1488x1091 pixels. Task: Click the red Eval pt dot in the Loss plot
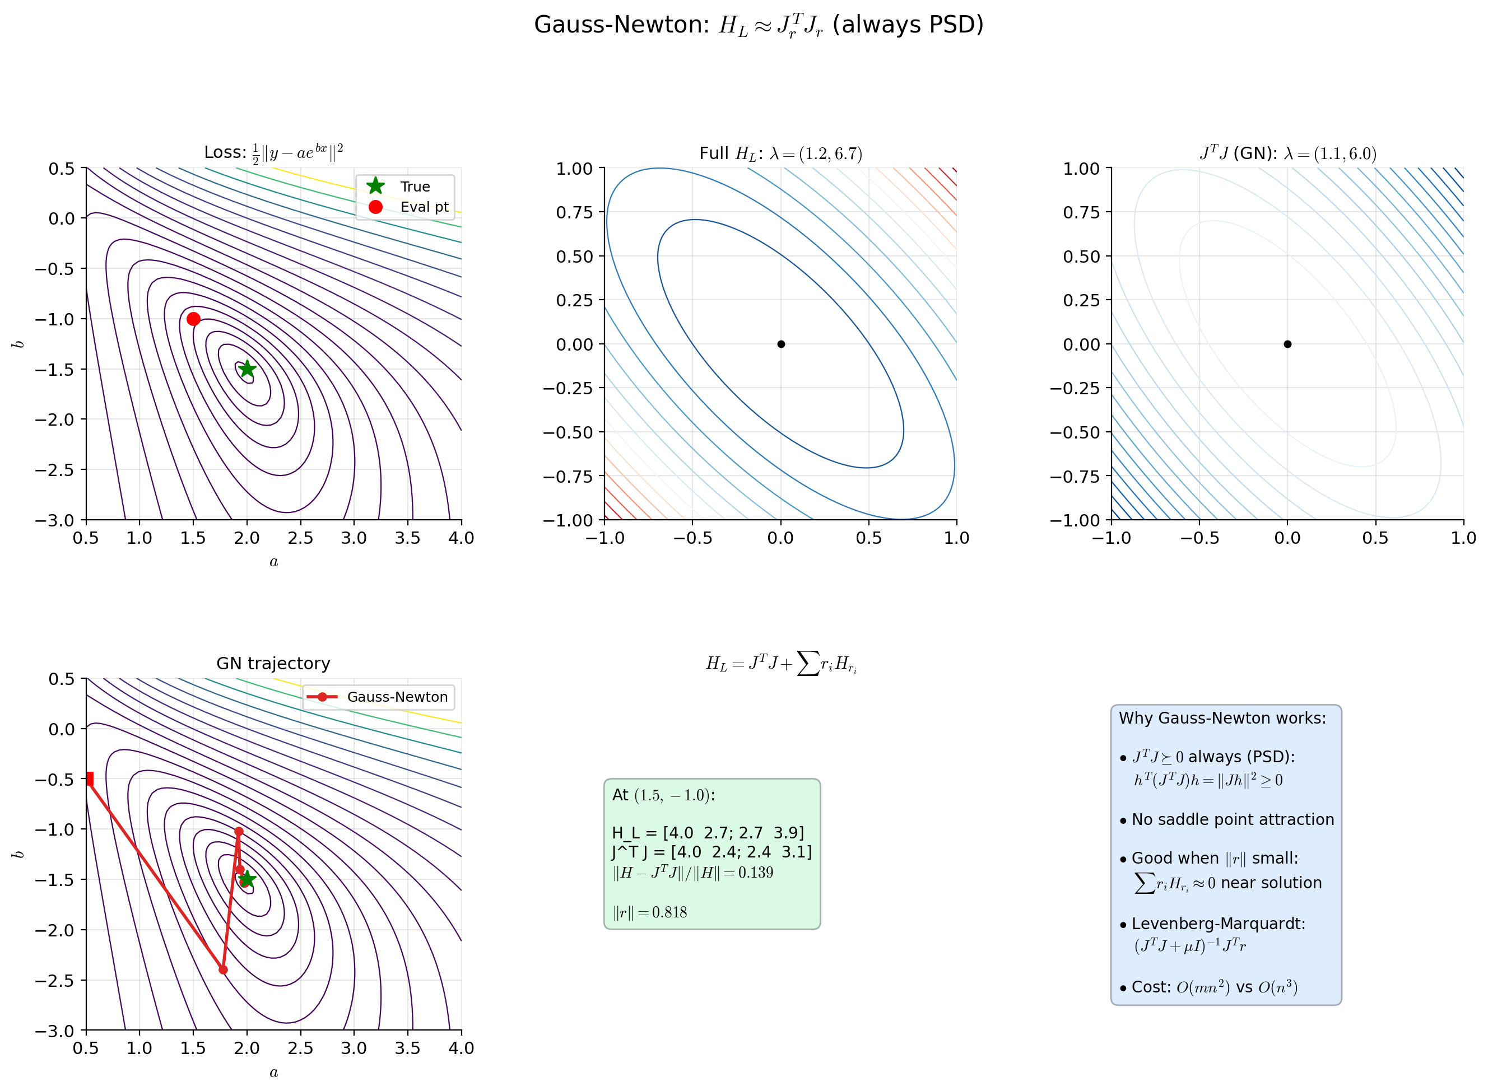tap(193, 319)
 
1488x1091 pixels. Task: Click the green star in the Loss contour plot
tap(247, 369)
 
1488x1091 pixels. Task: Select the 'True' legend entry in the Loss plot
tap(414, 187)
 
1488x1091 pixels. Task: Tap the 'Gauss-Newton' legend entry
tap(396, 697)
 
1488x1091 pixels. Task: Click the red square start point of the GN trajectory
tap(89, 778)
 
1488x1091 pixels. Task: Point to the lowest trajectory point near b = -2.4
tap(223, 969)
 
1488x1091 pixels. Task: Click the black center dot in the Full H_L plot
tap(780, 344)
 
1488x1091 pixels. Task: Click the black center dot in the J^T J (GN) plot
tap(1287, 344)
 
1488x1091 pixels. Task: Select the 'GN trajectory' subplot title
tap(273, 663)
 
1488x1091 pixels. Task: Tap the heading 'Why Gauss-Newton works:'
tap(1222, 718)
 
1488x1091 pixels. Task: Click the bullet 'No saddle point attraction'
tap(1233, 819)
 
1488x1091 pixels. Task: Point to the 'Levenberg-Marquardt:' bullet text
tap(1218, 923)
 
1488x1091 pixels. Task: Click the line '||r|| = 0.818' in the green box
tap(650, 912)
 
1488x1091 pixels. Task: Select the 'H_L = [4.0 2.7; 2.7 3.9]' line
tap(708, 833)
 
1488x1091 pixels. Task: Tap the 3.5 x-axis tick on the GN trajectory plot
tap(407, 1048)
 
